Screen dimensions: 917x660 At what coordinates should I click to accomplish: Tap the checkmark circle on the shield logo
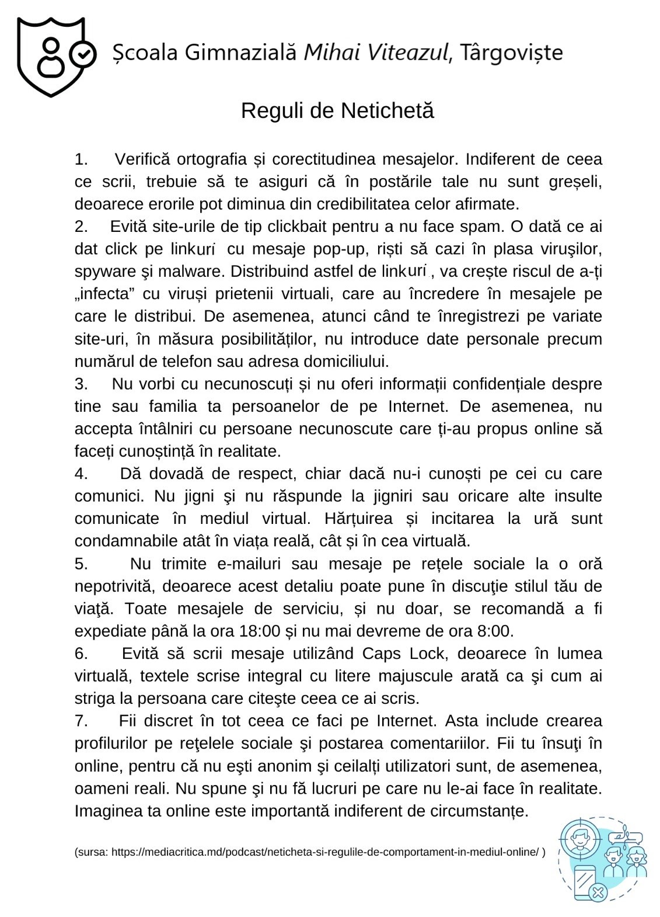pos(83,54)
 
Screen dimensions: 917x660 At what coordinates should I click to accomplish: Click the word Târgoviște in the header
pos(511,53)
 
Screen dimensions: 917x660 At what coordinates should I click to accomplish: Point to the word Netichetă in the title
pos(387,110)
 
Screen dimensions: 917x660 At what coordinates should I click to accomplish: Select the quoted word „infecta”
pos(102,294)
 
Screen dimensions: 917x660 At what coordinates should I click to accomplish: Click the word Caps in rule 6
pos(382,654)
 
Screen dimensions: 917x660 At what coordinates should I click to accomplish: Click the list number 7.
pos(81,721)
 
